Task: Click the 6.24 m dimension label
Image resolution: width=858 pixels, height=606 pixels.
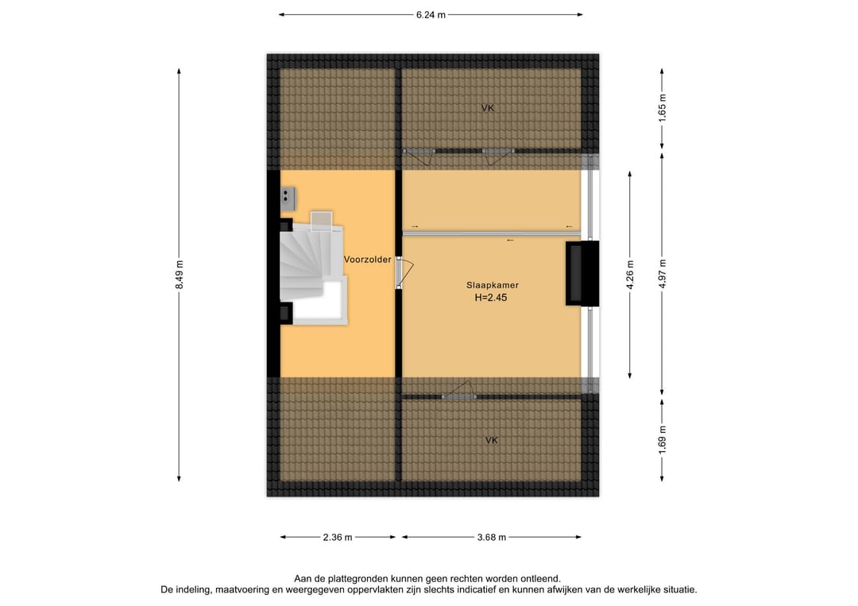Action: (431, 15)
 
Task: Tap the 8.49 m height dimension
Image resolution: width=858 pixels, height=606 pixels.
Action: (179, 275)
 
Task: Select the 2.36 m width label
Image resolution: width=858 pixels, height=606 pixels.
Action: (338, 537)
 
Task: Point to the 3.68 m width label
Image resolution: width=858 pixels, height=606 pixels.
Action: (492, 537)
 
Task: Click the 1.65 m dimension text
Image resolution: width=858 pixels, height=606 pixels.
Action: (662, 109)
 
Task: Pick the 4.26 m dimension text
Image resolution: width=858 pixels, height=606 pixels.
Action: (630, 275)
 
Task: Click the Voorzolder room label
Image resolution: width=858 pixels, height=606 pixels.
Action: (367, 259)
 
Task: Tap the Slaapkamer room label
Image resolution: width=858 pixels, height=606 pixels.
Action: (493, 285)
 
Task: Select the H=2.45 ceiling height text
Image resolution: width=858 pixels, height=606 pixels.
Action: (491, 298)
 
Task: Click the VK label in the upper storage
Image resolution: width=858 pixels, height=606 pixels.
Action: (488, 108)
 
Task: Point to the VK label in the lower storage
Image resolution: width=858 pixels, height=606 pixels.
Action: (492, 440)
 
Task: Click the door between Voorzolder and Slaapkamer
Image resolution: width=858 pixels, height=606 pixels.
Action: (404, 273)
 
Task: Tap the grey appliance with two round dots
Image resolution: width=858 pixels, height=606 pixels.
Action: (288, 199)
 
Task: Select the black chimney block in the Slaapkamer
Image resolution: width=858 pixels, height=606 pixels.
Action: (582, 273)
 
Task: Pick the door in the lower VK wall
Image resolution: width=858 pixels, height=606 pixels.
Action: (458, 391)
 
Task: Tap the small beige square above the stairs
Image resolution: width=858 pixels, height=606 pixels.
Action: (321, 221)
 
